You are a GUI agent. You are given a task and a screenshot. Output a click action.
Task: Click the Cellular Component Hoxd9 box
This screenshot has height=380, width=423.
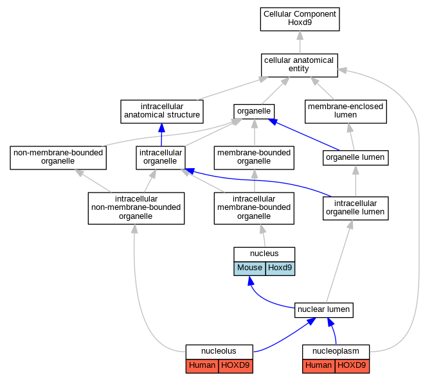click(x=300, y=19)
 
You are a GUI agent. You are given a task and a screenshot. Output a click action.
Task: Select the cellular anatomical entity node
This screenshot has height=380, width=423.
click(x=299, y=65)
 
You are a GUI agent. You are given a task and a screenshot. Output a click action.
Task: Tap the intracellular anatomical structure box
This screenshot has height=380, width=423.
click(x=162, y=112)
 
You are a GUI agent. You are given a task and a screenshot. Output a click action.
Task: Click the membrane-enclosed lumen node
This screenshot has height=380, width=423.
click(x=346, y=112)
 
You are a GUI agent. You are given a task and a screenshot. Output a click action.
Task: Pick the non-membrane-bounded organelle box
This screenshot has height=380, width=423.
click(x=58, y=157)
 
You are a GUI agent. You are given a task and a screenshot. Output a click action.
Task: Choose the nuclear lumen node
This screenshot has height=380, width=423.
click(x=324, y=310)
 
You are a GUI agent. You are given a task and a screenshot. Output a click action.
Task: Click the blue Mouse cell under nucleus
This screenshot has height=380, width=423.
click(x=250, y=268)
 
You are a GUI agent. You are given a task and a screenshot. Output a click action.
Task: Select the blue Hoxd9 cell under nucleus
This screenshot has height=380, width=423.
click(x=280, y=268)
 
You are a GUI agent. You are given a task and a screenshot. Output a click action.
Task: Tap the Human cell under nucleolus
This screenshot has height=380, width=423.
click(x=202, y=366)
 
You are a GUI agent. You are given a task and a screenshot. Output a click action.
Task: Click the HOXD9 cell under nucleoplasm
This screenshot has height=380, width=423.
click(x=352, y=366)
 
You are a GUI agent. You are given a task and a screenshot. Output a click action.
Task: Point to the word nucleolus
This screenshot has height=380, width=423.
click(x=219, y=351)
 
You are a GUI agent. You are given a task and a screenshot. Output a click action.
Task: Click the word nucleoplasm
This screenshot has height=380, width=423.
click(x=336, y=351)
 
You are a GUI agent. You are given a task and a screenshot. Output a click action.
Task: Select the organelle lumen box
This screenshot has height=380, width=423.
click(x=355, y=157)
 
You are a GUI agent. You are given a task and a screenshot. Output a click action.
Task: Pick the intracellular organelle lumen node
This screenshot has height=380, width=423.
click(x=355, y=208)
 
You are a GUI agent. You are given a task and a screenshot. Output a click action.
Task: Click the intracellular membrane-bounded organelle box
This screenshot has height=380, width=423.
click(x=254, y=208)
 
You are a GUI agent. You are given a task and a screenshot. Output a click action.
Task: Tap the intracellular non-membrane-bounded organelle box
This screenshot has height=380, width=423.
click(x=136, y=208)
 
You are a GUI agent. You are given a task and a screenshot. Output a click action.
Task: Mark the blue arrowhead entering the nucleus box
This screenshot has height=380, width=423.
click(x=251, y=281)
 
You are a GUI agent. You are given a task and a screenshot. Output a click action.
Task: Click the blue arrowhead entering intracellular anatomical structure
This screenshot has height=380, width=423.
click(x=161, y=128)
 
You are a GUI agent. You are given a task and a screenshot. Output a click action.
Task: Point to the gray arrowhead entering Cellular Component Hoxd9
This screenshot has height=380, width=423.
click(x=300, y=35)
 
